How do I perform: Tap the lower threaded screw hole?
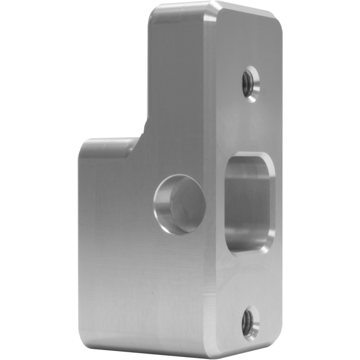249,322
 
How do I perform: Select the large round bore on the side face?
180,205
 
